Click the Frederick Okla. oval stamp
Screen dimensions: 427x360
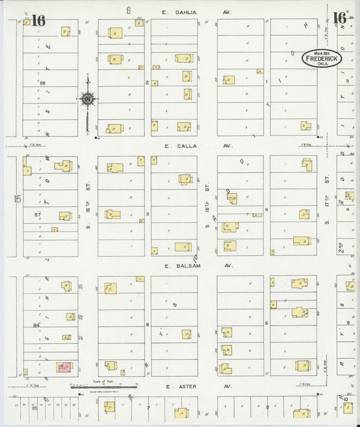tap(322, 59)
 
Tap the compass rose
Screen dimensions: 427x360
tap(88, 100)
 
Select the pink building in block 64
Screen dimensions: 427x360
tap(65, 367)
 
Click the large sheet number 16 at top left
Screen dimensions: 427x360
tap(38, 20)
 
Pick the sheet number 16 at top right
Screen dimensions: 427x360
tap(339, 18)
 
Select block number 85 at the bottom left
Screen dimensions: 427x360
tap(34, 408)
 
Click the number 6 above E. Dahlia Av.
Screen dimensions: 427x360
tap(127, 11)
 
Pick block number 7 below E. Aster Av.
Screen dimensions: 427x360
tap(147, 408)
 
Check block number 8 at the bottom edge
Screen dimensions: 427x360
tap(267, 407)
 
